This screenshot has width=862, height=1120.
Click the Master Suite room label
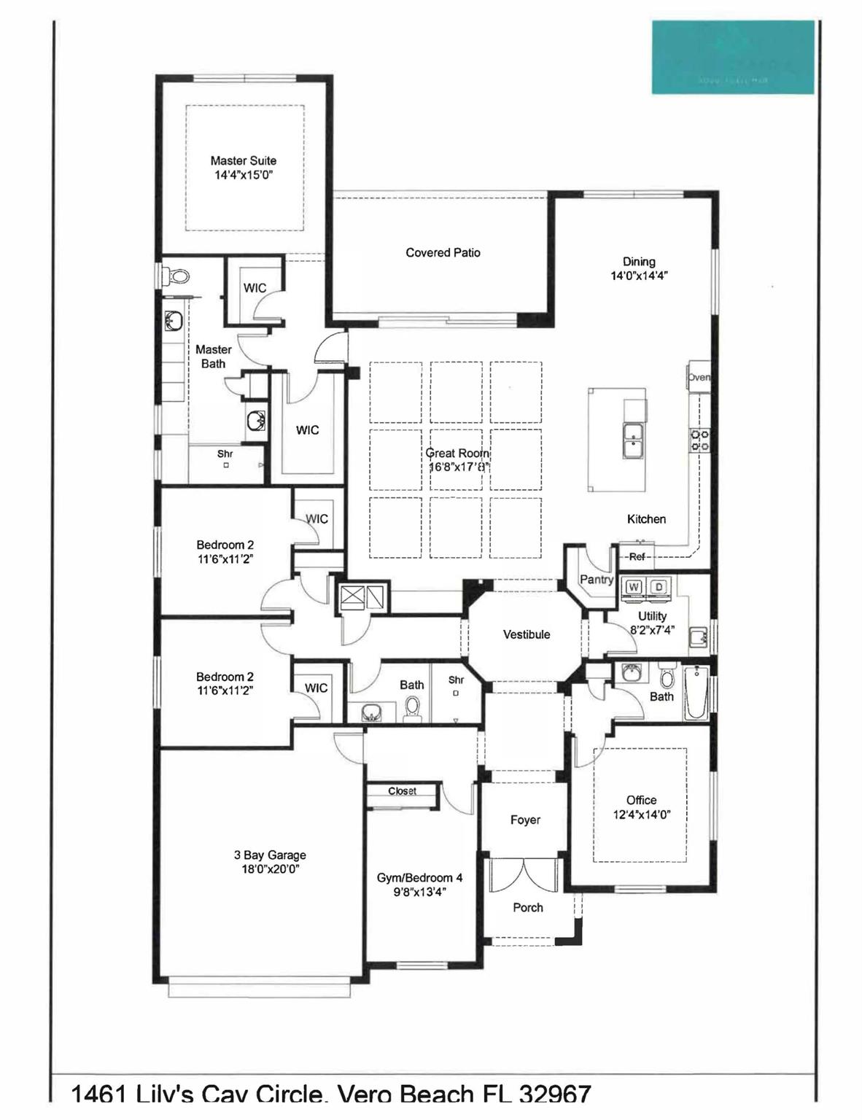tap(243, 161)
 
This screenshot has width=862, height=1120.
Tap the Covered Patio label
tap(443, 253)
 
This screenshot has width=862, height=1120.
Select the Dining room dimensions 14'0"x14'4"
tap(639, 276)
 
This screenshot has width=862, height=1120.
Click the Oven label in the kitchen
tap(699, 378)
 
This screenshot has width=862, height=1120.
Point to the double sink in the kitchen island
tap(633, 440)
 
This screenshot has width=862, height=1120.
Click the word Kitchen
tap(646, 519)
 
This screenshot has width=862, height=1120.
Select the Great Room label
tap(457, 453)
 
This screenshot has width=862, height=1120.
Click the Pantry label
tap(596, 580)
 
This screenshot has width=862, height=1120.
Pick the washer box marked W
tap(633, 587)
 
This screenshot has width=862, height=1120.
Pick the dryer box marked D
tap(659, 587)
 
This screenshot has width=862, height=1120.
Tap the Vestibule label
tap(526, 634)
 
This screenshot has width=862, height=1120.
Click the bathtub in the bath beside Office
tap(696, 693)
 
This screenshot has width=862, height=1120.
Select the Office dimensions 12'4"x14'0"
tap(641, 815)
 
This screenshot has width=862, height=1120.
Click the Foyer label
tap(525, 820)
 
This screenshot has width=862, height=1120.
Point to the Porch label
tap(528, 908)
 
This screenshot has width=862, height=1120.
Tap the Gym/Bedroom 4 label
tap(419, 878)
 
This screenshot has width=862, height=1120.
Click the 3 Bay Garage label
tap(270, 855)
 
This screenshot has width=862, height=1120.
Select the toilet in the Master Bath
tap(176, 277)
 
